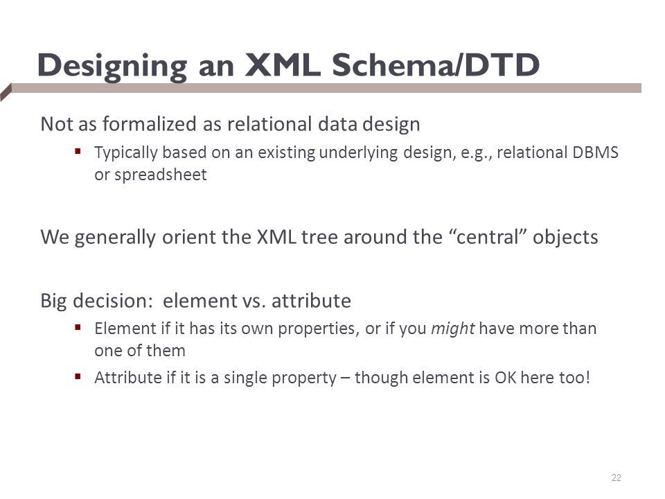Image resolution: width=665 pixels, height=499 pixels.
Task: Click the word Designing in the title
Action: [112, 67]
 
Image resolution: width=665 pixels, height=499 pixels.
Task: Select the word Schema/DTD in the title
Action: [436, 65]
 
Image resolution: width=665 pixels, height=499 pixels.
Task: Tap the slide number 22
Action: [617, 478]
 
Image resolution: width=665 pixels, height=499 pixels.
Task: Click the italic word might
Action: [452, 329]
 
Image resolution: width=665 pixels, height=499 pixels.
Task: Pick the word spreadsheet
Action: [160, 175]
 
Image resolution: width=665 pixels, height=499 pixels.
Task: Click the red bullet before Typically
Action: [78, 151]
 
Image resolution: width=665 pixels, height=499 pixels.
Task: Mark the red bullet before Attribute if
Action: [78, 376]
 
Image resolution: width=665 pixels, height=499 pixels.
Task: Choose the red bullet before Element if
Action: [78, 327]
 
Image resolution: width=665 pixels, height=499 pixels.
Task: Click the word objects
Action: [565, 237]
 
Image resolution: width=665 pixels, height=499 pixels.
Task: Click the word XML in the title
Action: [283, 65]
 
